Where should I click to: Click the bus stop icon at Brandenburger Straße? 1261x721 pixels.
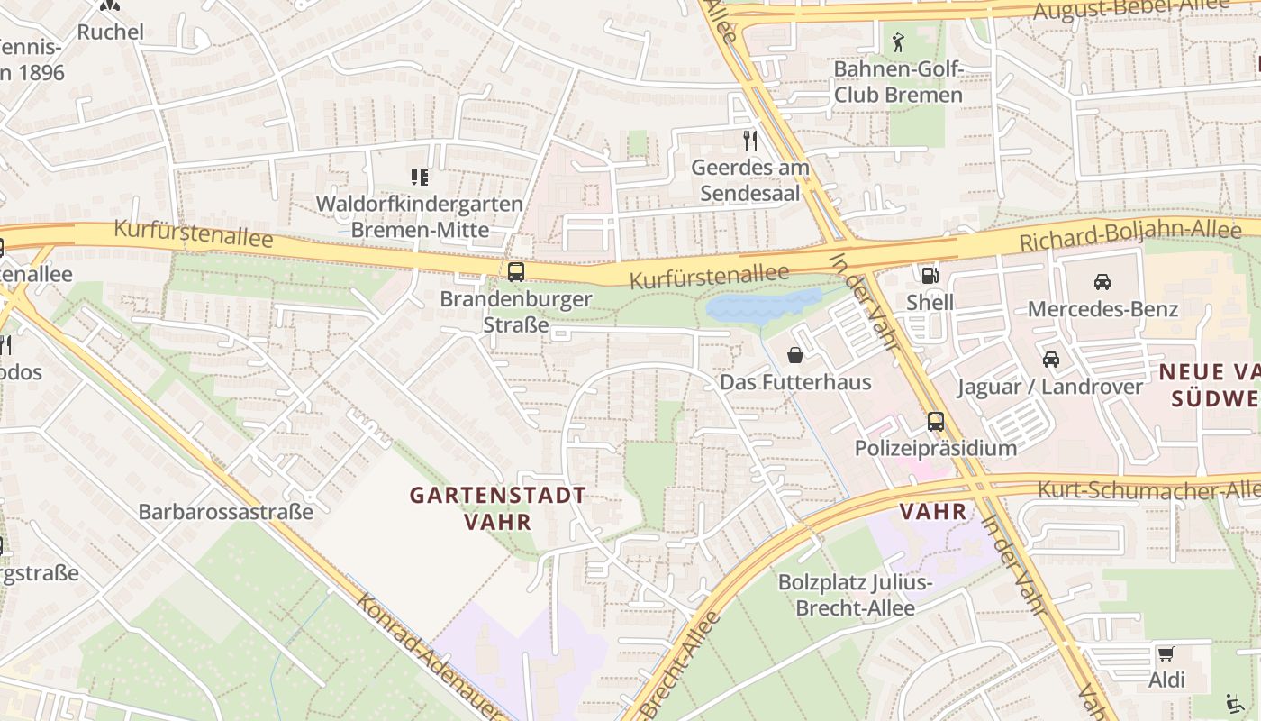[516, 272]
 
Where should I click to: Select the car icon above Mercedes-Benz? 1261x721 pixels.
[1102, 282]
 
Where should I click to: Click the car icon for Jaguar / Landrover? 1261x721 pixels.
[1050, 360]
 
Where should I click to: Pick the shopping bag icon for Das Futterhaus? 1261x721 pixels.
[794, 355]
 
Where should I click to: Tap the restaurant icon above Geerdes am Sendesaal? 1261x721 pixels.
[749, 141]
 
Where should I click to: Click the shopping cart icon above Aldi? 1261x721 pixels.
[1166, 653]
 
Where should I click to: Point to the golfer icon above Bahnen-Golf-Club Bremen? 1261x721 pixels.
[897, 41]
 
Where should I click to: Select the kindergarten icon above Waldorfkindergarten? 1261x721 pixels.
[419, 178]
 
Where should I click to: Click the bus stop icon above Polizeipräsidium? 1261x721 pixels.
[935, 421]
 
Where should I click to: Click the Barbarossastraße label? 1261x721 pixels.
[225, 512]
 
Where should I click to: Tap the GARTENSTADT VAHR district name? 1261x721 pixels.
[497, 508]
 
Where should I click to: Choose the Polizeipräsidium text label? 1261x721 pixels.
[935, 448]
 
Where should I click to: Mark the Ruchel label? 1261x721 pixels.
[110, 32]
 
